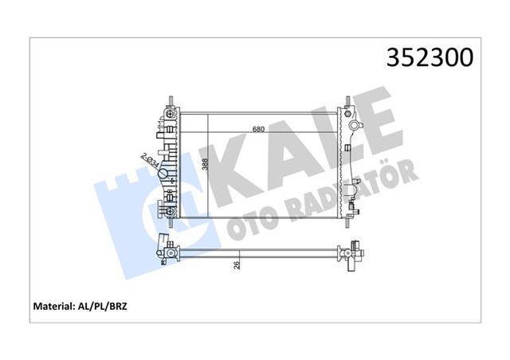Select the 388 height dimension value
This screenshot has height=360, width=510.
click(x=206, y=165)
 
